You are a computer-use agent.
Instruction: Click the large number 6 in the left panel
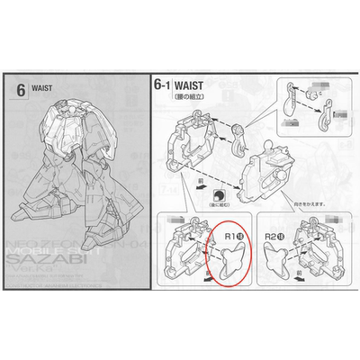[x=21, y=90]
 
